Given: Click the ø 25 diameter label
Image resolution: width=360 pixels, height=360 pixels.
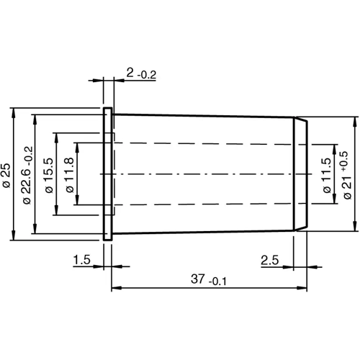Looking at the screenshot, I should [6, 175].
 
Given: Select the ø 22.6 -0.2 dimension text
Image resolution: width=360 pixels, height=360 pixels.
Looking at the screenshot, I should [27, 175].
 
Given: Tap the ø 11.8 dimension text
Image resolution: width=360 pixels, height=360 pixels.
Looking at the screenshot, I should [70, 175].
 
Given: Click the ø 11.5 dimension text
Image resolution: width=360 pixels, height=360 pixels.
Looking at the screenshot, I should [325, 175].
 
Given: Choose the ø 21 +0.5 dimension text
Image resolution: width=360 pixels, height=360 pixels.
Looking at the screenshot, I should [346, 175].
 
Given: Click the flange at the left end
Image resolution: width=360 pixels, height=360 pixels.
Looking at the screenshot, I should [107, 175].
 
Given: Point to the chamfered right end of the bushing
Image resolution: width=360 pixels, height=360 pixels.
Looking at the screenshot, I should [302, 175].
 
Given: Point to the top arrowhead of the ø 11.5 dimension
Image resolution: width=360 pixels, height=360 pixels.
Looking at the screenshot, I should [335, 145].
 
